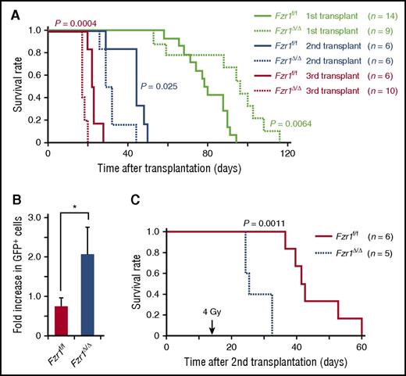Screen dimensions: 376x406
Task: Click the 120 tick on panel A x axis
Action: click(x=288, y=156)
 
